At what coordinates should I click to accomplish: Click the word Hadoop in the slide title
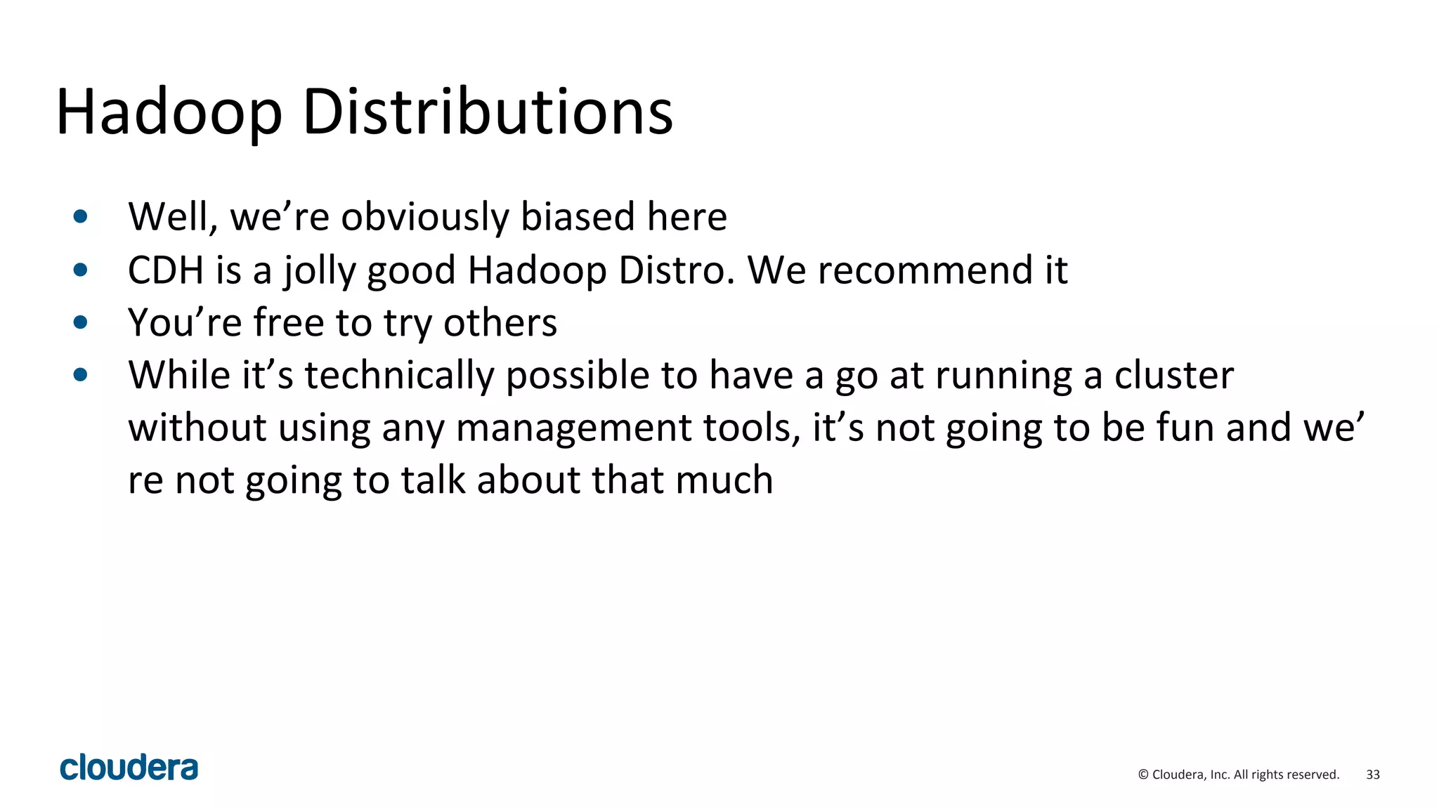(x=169, y=112)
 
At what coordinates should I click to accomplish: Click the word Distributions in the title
(x=488, y=112)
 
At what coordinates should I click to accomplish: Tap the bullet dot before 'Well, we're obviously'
(x=81, y=216)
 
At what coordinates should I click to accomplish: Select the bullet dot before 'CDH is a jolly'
(x=81, y=270)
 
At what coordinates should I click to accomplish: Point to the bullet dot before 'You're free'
(x=81, y=322)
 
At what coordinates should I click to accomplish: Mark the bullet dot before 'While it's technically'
(x=81, y=375)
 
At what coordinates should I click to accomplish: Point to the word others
(x=500, y=323)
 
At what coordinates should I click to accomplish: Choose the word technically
(x=399, y=376)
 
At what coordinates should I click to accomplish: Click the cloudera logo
(x=129, y=768)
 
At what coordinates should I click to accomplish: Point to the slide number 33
(x=1372, y=775)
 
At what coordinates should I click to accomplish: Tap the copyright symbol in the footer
(x=1142, y=775)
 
